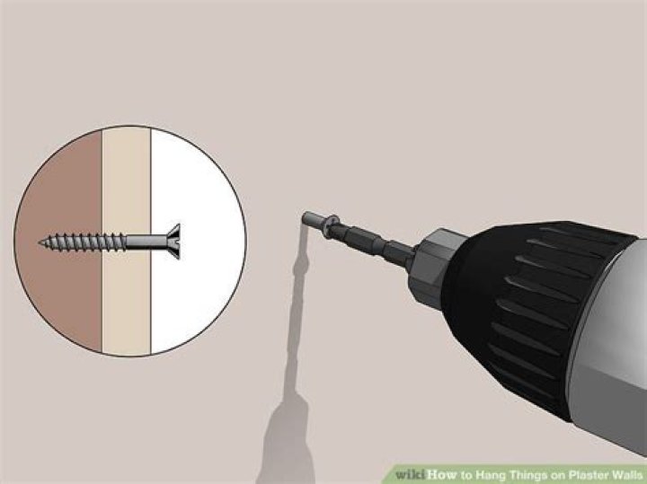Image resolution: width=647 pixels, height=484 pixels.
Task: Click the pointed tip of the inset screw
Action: [x=40, y=243]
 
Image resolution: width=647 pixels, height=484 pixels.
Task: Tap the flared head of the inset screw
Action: [x=174, y=242]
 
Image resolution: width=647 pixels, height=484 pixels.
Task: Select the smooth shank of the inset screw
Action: [x=146, y=242]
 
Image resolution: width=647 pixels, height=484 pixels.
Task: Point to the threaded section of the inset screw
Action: [x=83, y=242]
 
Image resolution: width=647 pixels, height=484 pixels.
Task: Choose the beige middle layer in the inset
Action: [x=127, y=288]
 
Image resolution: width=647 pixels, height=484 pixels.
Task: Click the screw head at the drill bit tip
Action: [x=331, y=225]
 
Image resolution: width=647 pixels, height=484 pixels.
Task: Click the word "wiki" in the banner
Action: [x=410, y=474]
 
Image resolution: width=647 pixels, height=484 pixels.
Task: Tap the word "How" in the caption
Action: [x=442, y=474]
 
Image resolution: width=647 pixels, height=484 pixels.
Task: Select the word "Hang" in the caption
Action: [x=490, y=475]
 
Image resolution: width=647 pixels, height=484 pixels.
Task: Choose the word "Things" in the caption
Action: [x=528, y=475]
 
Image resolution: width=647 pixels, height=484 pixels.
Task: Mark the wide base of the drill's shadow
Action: [x=286, y=445]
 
